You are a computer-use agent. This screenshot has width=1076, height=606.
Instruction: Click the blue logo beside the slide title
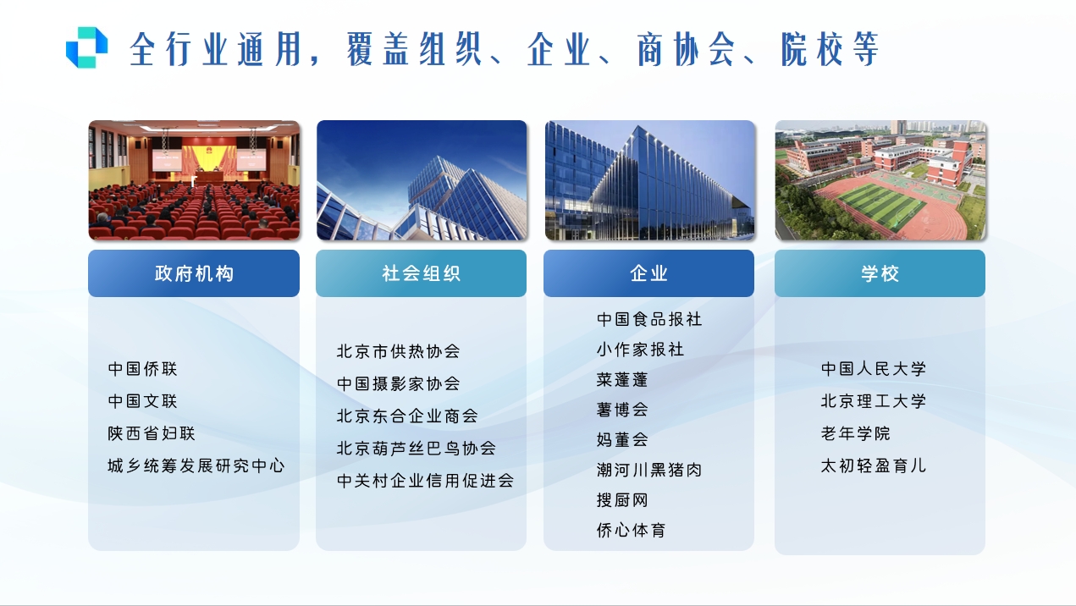click(x=87, y=47)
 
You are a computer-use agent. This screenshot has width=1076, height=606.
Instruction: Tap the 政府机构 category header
click(x=194, y=273)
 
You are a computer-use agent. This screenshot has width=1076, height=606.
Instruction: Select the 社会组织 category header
click(x=421, y=273)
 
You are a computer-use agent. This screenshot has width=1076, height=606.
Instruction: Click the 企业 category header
click(x=648, y=273)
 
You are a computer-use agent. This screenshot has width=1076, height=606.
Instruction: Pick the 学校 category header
click(x=880, y=273)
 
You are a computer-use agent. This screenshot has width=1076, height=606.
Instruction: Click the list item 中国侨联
click(x=143, y=369)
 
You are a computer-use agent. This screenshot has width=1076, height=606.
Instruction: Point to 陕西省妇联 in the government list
click(x=152, y=433)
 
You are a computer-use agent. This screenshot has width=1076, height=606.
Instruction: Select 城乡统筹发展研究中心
click(x=196, y=466)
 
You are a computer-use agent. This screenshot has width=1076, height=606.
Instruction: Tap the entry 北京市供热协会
click(x=398, y=351)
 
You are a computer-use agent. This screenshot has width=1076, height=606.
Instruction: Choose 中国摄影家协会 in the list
click(x=398, y=383)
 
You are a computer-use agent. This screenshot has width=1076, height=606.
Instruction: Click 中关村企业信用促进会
click(x=425, y=481)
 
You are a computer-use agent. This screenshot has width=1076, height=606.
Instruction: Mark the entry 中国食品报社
click(x=649, y=319)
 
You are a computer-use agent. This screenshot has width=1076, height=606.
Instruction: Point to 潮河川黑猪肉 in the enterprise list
click(x=649, y=470)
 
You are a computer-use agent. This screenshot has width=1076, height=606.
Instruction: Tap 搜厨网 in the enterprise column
click(x=622, y=500)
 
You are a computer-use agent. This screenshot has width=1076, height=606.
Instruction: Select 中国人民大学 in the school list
click(x=874, y=369)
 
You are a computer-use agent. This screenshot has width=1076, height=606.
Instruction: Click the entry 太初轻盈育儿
click(x=874, y=466)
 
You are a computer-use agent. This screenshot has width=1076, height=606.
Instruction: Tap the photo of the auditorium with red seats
click(x=194, y=180)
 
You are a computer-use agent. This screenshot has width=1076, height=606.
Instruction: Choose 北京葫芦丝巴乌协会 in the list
click(x=416, y=449)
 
